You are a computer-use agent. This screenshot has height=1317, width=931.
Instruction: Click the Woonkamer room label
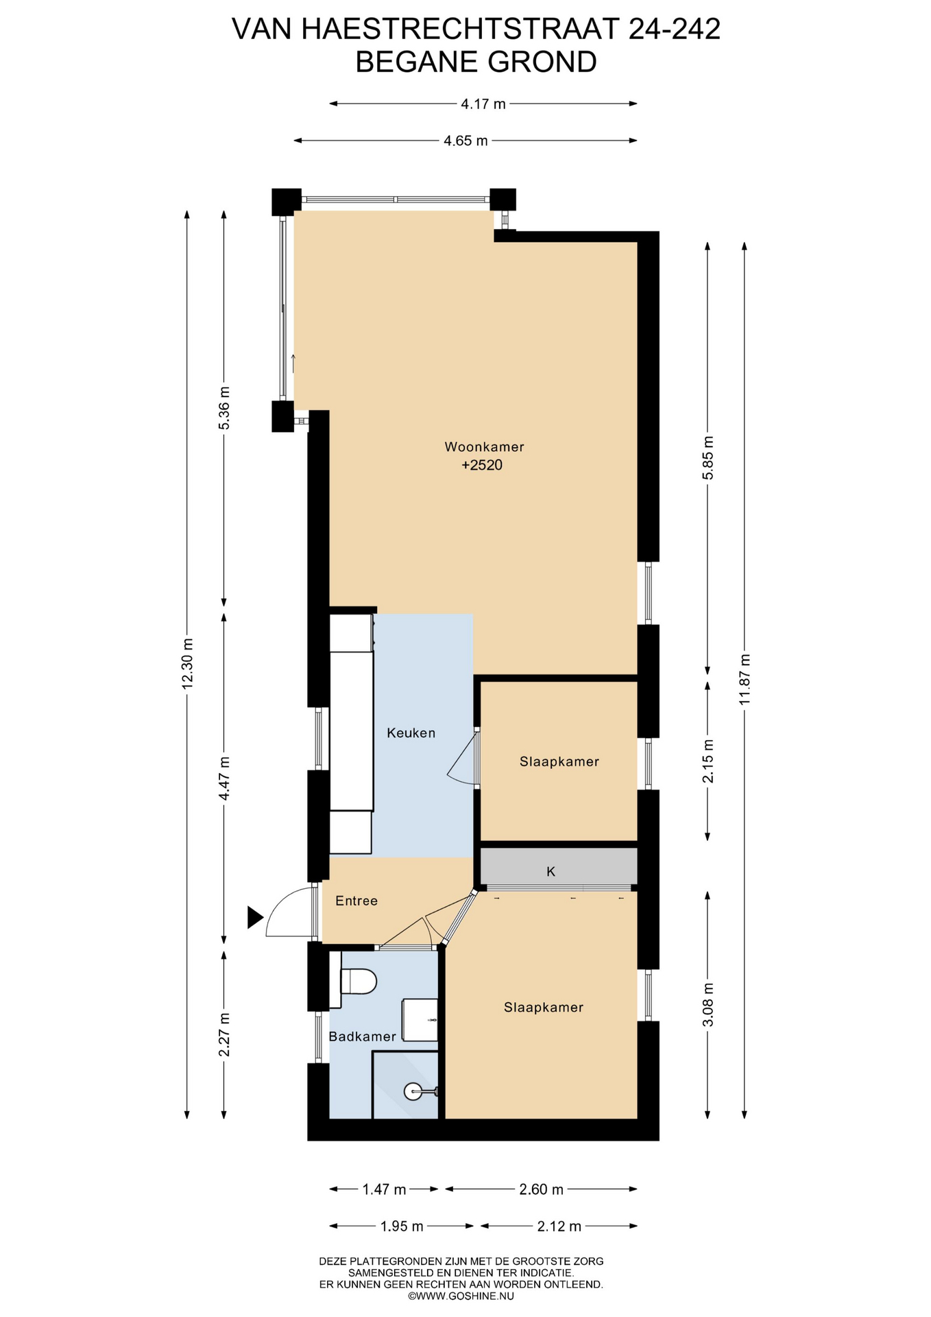point(484,447)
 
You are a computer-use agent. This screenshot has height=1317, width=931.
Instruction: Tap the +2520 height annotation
point(482,465)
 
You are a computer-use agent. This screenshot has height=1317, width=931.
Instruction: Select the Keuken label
point(411,733)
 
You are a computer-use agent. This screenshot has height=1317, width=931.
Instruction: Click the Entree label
point(356,901)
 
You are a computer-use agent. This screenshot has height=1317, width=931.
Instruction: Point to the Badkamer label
point(362,1036)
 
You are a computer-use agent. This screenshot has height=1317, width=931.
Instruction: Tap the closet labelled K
point(559,868)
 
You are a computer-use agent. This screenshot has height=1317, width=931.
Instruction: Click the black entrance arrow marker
point(255,918)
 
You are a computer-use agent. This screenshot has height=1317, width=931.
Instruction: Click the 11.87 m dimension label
point(745,679)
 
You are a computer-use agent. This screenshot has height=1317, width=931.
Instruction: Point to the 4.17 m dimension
point(483,104)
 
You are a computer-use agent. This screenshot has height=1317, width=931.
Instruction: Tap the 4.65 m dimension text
point(465,141)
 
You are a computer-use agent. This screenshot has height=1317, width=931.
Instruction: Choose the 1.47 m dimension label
point(384,1189)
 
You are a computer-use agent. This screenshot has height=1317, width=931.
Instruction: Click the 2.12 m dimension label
point(559,1226)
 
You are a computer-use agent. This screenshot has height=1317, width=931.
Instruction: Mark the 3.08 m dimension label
point(709,1004)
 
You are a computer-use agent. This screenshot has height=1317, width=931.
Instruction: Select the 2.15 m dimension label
point(709,761)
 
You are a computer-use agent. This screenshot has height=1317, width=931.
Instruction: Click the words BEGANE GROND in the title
point(476,62)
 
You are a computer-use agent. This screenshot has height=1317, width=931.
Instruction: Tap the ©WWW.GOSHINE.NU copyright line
point(461,1296)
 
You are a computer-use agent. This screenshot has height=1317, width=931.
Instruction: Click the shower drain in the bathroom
point(413,1091)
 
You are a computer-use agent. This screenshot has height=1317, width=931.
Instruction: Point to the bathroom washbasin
point(419,1020)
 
